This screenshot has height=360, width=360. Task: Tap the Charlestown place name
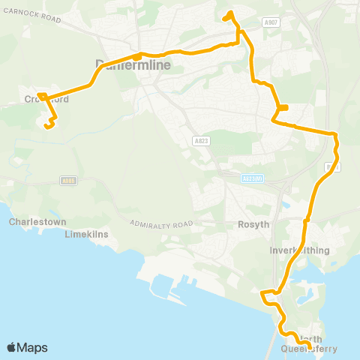[29, 222]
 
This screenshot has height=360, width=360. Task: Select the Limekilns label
[83, 234]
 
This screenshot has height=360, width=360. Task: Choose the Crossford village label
[46, 99]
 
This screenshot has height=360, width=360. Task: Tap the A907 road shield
[271, 24]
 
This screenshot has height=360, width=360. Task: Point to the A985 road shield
[67, 180]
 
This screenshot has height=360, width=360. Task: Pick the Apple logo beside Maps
[11, 347]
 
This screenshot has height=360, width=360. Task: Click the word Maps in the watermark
[31, 347]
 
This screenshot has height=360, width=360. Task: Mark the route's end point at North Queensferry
[300, 346]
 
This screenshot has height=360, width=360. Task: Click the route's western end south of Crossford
[46, 127]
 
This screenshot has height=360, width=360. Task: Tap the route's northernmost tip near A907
[229, 13]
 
